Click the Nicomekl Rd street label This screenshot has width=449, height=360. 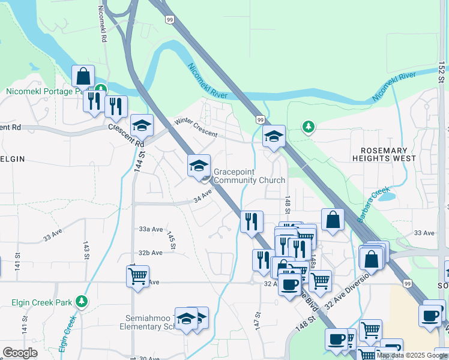[103, 24]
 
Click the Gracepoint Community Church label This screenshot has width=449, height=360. [249, 175]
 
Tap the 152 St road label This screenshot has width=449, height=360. [442, 72]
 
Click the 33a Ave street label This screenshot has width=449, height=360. [151, 229]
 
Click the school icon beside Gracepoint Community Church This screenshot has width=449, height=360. [199, 166]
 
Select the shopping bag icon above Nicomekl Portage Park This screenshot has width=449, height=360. [83, 76]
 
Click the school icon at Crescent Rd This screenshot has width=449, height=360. [142, 125]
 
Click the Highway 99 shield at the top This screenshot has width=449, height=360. [170, 20]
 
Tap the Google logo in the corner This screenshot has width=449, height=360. [20, 353]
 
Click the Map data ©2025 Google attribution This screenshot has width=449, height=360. [412, 355]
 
